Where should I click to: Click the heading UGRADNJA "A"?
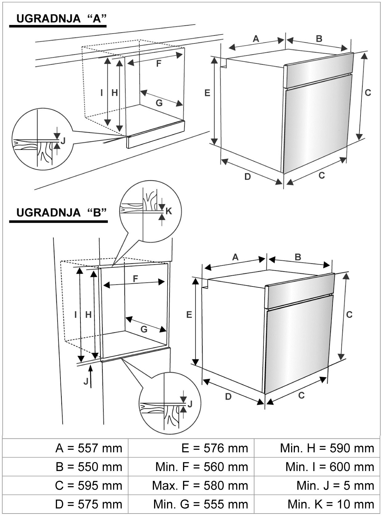click(x=61, y=18)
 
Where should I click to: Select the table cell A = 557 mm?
click(x=89, y=448)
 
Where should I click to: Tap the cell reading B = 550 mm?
click(x=89, y=467)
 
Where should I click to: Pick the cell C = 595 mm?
click(x=88, y=486)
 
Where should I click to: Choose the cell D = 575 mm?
click(x=88, y=504)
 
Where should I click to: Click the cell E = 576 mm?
click(x=214, y=448)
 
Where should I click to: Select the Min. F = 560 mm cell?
click(x=202, y=467)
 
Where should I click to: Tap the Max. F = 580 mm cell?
click(x=200, y=486)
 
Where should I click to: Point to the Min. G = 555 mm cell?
click(x=201, y=504)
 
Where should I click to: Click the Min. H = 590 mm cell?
click(x=327, y=448)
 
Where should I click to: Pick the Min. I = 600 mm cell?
click(x=330, y=467)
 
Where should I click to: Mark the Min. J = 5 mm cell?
click(x=335, y=486)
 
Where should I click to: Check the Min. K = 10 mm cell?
click(x=331, y=504)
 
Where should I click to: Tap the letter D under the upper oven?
click(x=247, y=177)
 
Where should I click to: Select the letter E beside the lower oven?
click(x=189, y=315)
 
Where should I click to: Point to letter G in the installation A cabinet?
click(x=159, y=103)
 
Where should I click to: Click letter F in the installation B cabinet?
click(x=135, y=278)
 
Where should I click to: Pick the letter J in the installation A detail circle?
click(x=63, y=141)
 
